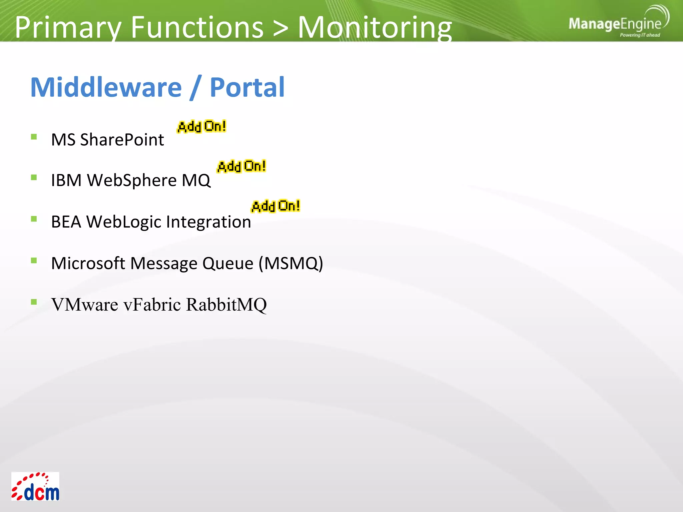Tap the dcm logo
pos(35,487)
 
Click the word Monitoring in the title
pos(375,27)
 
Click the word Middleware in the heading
pos(106,87)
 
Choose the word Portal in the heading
pos(247,87)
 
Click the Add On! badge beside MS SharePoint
pos(202,127)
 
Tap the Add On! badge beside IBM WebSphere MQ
pos(241,166)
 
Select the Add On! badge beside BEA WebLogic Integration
pos(276,206)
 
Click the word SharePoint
pos(122,140)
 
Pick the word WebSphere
pos(132,181)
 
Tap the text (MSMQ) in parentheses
pos(291,263)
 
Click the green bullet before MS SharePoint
pos(34,137)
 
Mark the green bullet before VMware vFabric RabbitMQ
pos(34,302)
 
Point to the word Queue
pos(228,263)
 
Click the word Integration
pos(208,222)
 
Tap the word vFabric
pos(152,305)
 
